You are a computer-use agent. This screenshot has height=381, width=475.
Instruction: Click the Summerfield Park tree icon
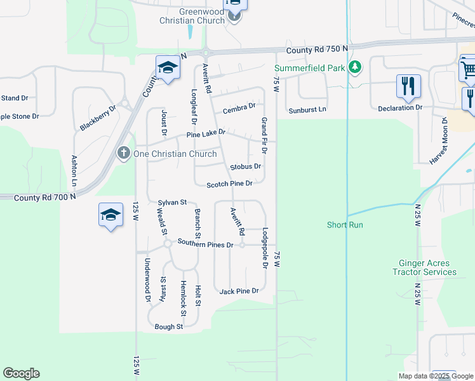356,67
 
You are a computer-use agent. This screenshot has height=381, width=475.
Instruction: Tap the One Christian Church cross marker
124,153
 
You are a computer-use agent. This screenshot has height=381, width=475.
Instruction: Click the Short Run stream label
345,225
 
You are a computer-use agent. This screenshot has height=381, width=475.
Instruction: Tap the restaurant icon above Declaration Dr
408,86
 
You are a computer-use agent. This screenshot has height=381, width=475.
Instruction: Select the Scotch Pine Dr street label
230,184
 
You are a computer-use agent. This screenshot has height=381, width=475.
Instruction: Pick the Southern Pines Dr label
206,243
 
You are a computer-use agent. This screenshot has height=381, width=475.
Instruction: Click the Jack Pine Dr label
239,291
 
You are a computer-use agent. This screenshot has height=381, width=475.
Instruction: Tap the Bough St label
169,327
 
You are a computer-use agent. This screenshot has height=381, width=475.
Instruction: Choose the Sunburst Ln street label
307,109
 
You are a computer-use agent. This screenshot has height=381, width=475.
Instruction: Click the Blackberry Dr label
98,118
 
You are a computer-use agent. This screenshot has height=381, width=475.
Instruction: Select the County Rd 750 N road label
318,49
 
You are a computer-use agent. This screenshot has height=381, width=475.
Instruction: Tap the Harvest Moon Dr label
439,145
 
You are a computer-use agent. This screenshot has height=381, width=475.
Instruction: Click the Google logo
21,373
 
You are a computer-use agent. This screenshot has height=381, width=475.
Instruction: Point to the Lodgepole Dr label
265,248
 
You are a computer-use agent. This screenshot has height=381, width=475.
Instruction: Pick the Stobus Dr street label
246,166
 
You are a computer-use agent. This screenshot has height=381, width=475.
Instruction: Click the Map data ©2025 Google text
436,376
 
